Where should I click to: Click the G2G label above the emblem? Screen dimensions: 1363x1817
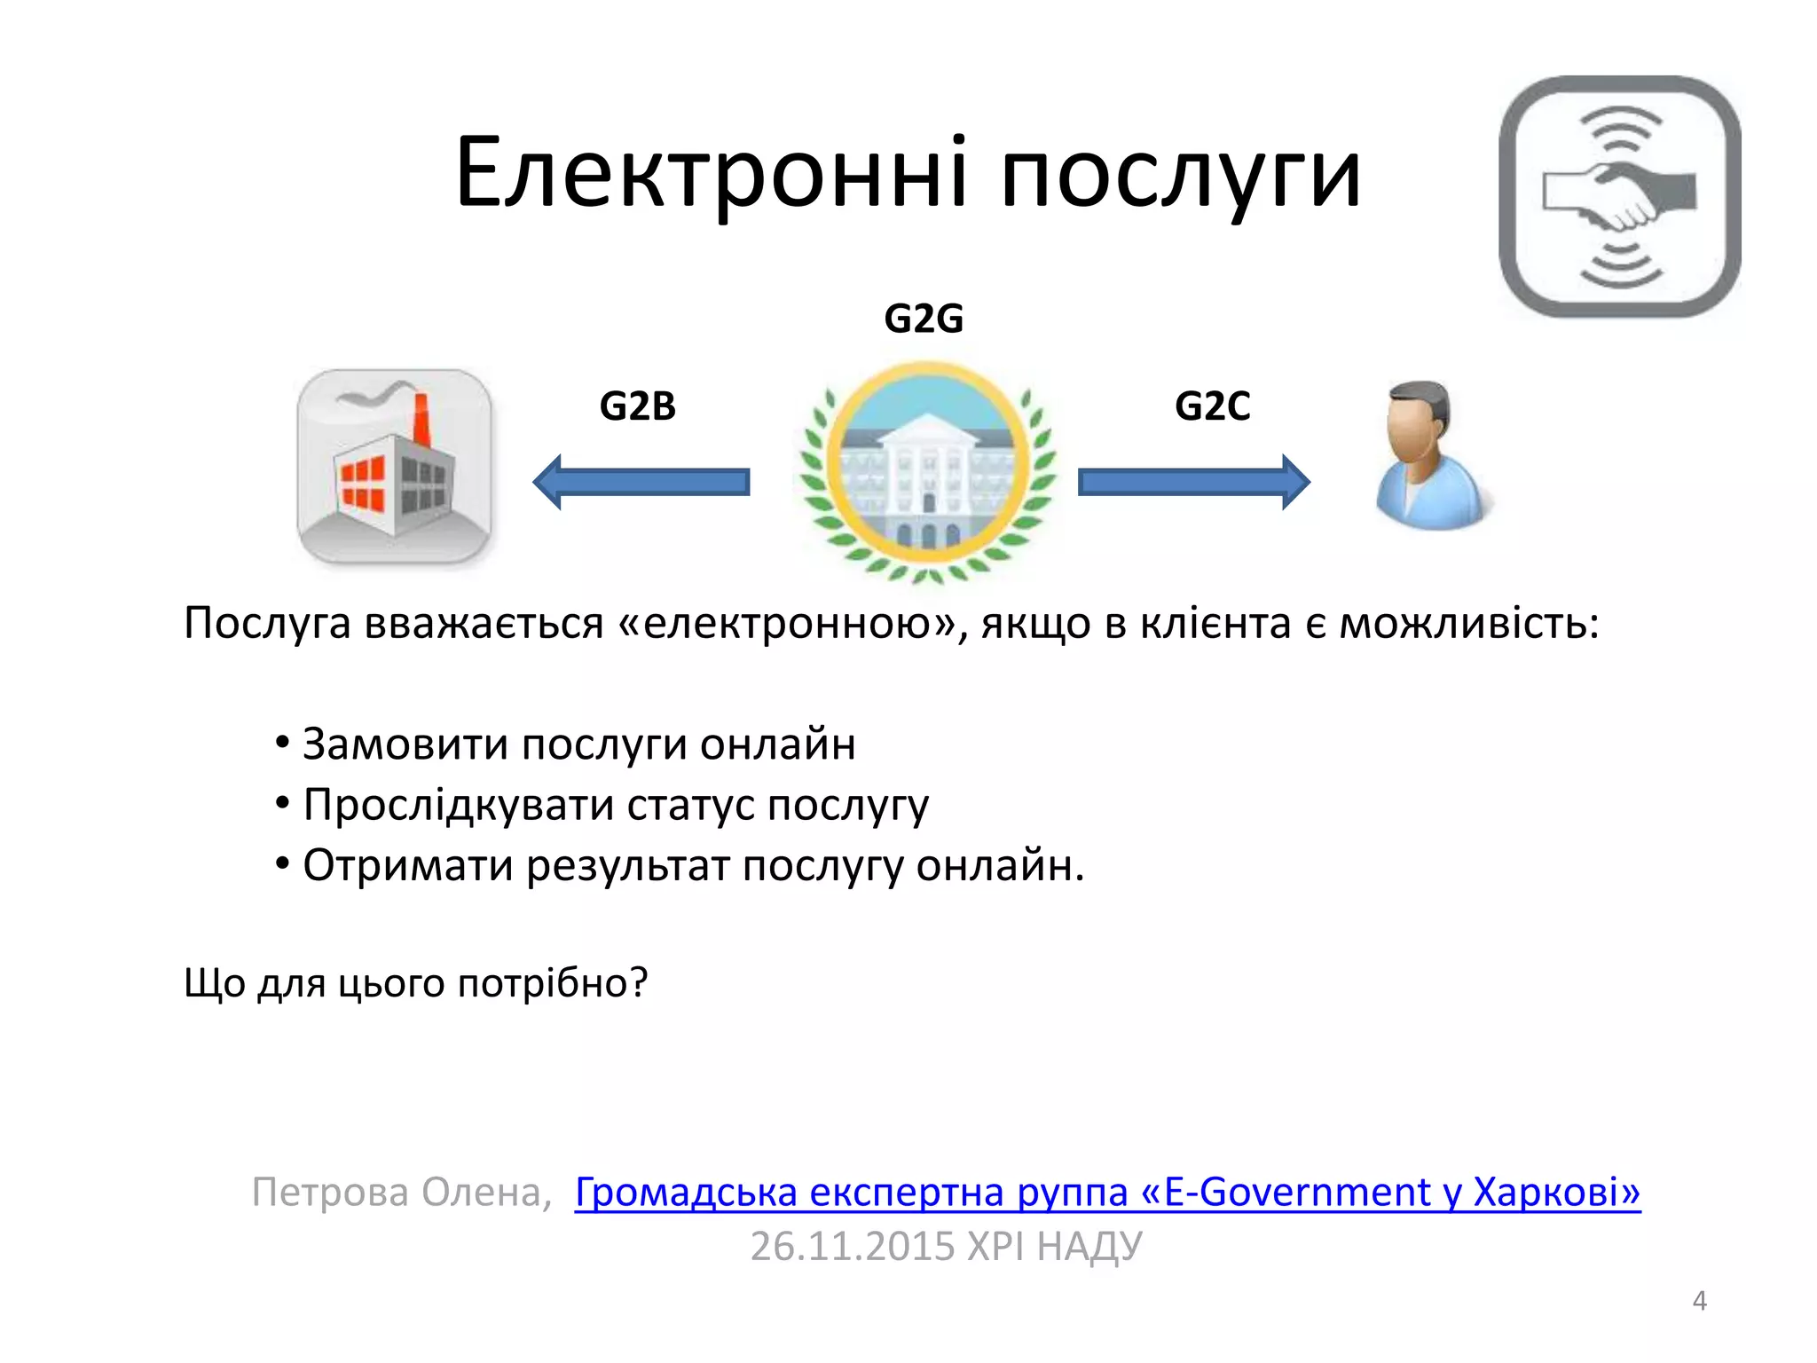pos(924,319)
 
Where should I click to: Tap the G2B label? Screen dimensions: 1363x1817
pos(637,406)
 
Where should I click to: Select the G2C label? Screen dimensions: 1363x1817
pos(1212,406)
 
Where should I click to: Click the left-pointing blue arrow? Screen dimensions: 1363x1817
pos(641,482)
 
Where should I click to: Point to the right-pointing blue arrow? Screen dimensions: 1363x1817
pos(1193,482)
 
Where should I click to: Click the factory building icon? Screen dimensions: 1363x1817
pos(394,468)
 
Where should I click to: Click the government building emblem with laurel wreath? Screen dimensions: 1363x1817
pos(927,470)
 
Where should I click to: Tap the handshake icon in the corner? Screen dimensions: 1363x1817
pos(1619,196)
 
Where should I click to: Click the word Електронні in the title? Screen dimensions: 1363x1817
pos(711,173)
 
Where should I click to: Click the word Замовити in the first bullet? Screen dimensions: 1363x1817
pos(405,744)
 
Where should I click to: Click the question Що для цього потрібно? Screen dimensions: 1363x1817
pos(416,983)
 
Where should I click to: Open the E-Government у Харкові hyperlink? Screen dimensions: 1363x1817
pos(1107,1192)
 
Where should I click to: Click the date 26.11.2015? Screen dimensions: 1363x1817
pos(851,1246)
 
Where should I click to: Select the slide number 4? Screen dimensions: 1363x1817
pos(1699,1301)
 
